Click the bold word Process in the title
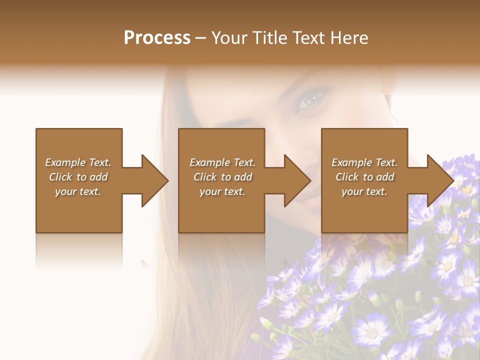[x=157, y=38]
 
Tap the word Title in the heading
[x=269, y=38]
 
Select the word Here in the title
[x=349, y=38]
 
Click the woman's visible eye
[x=311, y=98]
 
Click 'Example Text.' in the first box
[x=78, y=162]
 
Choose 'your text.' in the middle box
[x=222, y=191]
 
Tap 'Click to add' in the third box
[x=365, y=177]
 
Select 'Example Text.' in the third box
[x=364, y=162]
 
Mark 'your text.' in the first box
[x=78, y=191]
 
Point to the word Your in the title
[x=229, y=38]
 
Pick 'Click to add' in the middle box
[x=222, y=177]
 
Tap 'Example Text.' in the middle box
[x=222, y=162]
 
